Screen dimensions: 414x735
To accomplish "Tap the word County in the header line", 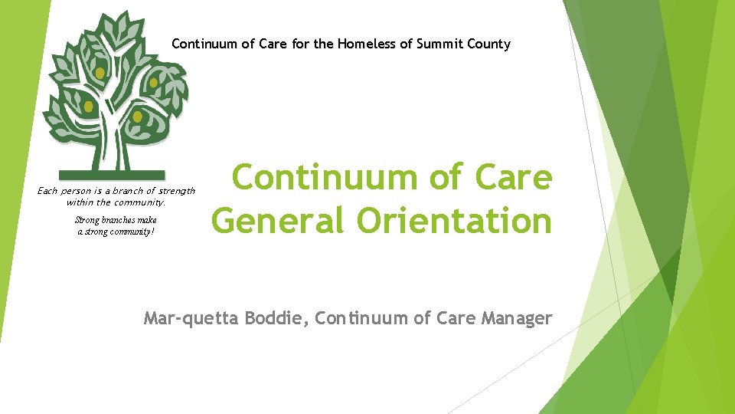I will point(488,44).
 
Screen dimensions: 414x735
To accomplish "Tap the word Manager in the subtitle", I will point(517,317).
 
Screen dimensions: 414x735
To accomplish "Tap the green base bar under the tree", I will point(111,175).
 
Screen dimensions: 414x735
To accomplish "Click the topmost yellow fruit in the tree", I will point(100,73).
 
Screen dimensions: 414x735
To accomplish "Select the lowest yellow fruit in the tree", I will point(137,117).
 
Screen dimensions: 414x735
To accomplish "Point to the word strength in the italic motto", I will point(178,190).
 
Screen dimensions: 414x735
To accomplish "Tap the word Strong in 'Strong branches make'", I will point(87,220).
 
